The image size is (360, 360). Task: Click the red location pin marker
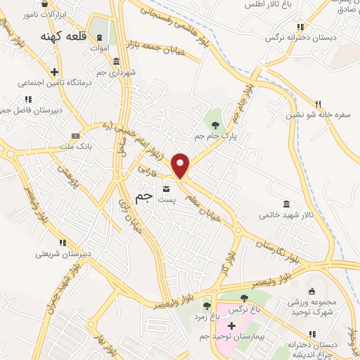pyautogui.click(x=181, y=165)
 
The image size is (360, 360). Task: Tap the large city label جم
pyautogui.click(x=143, y=199)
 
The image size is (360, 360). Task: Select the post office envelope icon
pyautogui.click(x=166, y=188)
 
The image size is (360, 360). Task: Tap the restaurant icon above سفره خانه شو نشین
pyautogui.click(x=318, y=103)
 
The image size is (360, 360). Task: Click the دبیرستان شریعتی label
pyautogui.click(x=42, y=253)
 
